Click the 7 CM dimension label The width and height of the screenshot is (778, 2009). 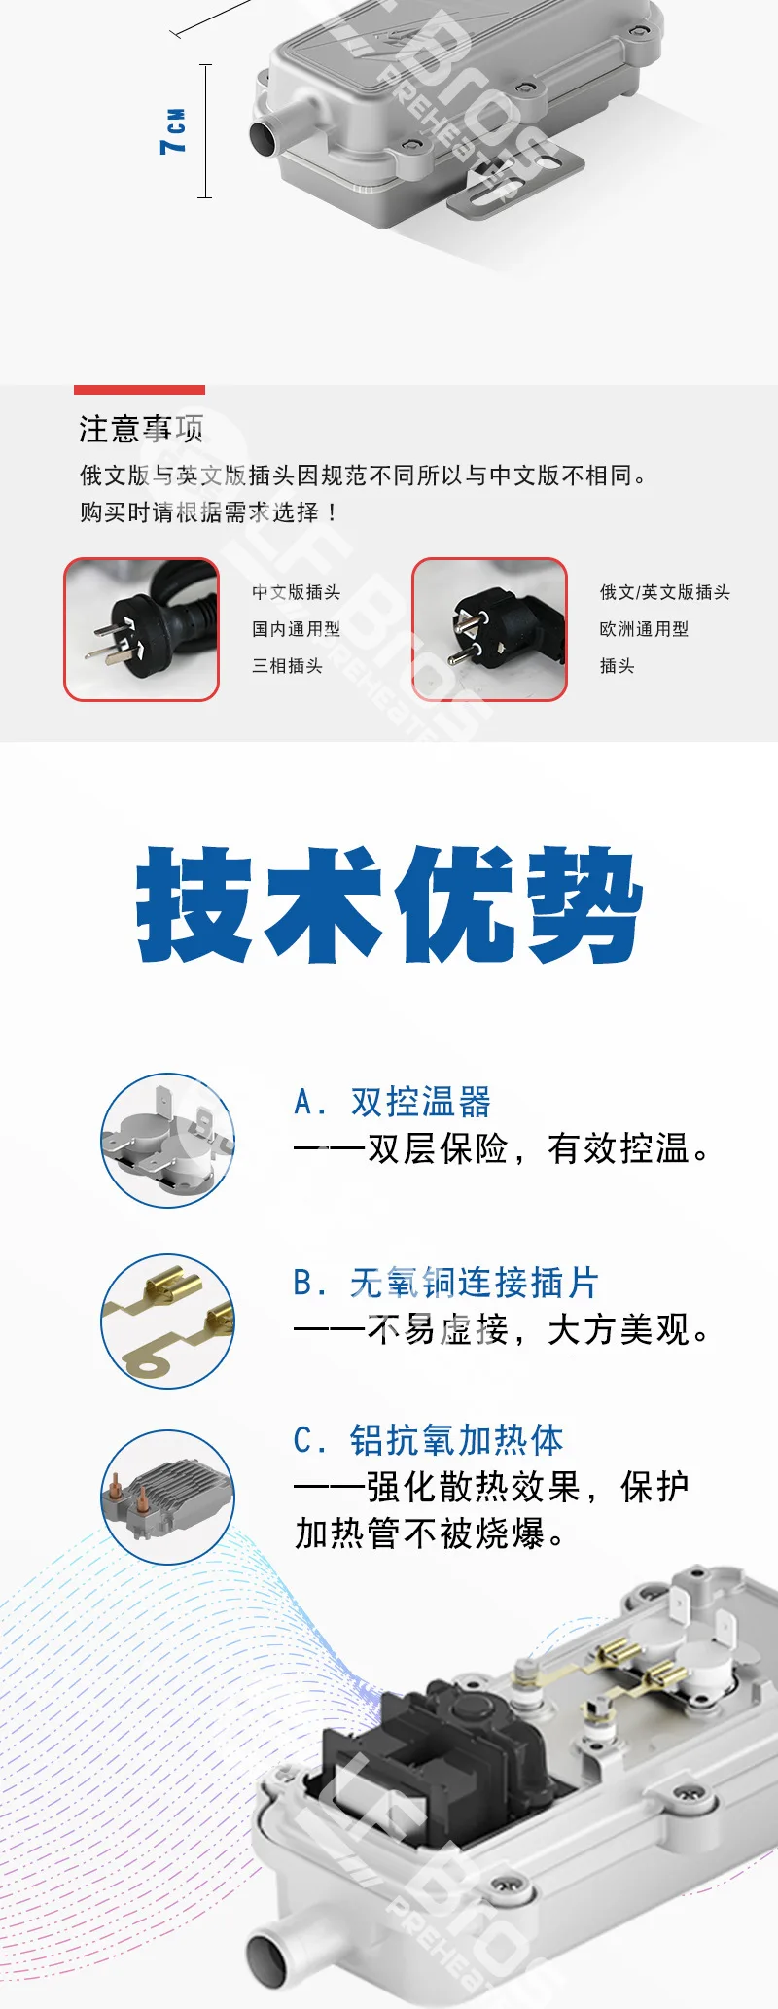point(173,131)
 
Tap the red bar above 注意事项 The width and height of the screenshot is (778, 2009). point(139,390)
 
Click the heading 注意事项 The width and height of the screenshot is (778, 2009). point(141,429)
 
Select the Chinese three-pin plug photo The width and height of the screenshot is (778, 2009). point(142,629)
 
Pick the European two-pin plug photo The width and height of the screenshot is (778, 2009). point(489,629)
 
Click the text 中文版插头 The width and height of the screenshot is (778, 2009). point(296,592)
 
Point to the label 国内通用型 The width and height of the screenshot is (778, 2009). point(296,629)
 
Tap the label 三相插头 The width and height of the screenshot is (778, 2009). point(287,666)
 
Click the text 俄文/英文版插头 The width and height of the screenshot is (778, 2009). point(665,592)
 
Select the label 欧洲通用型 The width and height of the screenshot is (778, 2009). point(644,629)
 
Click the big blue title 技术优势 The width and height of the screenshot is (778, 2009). point(389,904)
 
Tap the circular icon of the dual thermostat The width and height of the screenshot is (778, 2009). point(168,1141)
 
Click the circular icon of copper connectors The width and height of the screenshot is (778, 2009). point(168,1321)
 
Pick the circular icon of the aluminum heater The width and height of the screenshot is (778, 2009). point(168,1497)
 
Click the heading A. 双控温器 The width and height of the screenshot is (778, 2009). point(392,1103)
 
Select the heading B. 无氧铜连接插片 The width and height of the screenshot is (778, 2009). point(445,1283)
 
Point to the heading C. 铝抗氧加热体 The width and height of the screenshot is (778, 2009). point(429,1440)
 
